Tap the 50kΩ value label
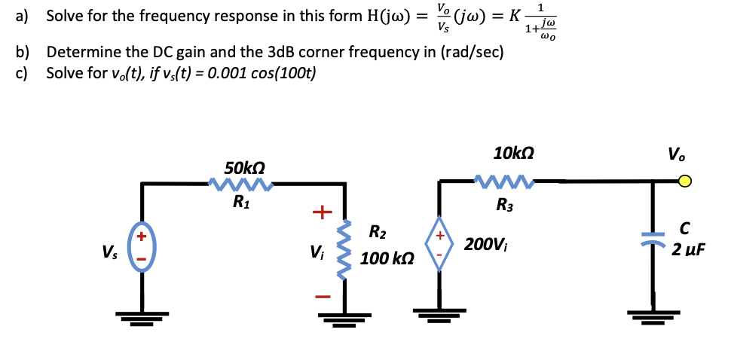pyautogui.click(x=245, y=166)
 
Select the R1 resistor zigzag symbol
pyautogui.click(x=240, y=183)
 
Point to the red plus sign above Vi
pyautogui.click(x=322, y=212)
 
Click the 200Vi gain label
pyautogui.click(x=487, y=244)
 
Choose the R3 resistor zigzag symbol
pyautogui.click(x=506, y=181)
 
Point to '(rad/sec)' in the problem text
pyautogui.click(x=462, y=53)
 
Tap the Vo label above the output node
pyautogui.click(x=676, y=155)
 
